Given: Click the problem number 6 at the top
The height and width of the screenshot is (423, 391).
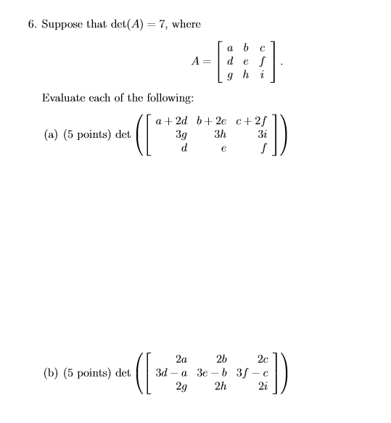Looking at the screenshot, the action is [32, 24].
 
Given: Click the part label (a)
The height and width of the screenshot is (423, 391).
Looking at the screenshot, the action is [51, 134].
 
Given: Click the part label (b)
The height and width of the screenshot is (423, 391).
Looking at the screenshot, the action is [51, 373].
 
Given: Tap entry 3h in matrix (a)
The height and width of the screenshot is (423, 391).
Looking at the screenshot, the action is [222, 134].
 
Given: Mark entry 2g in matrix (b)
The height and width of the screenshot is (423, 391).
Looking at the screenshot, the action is [181, 387].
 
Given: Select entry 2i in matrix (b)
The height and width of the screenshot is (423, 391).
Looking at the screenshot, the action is [262, 387].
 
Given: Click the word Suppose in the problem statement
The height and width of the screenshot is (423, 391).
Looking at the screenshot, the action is [61, 24].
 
